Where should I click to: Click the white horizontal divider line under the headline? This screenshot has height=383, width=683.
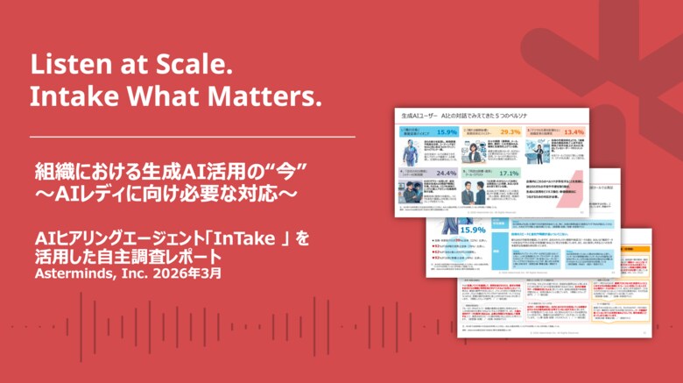click(193, 137)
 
